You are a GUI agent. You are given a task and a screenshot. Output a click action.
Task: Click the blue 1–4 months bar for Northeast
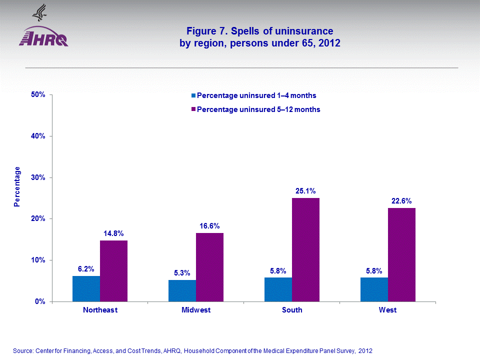(x=86, y=288)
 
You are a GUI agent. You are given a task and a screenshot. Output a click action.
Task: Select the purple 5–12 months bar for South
(x=305, y=249)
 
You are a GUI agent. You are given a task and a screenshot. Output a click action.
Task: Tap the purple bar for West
(x=401, y=254)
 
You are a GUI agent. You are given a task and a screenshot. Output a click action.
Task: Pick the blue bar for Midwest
(x=182, y=290)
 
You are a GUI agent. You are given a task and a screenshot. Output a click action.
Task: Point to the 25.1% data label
(x=305, y=191)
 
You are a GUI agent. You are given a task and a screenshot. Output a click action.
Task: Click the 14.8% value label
(x=113, y=233)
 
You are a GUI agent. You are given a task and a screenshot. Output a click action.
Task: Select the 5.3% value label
(x=182, y=273)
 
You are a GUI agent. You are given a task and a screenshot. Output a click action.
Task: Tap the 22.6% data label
(x=401, y=201)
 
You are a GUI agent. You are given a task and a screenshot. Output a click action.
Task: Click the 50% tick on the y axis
(x=38, y=94)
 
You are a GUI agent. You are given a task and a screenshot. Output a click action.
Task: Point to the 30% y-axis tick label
(x=38, y=177)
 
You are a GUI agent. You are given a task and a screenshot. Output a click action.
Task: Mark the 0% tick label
(x=40, y=301)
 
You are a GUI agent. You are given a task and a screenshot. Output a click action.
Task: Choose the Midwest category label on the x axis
(x=196, y=310)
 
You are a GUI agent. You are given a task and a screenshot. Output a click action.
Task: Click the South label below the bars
(x=292, y=310)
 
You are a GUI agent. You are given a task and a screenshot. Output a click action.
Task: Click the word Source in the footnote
(x=22, y=351)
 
